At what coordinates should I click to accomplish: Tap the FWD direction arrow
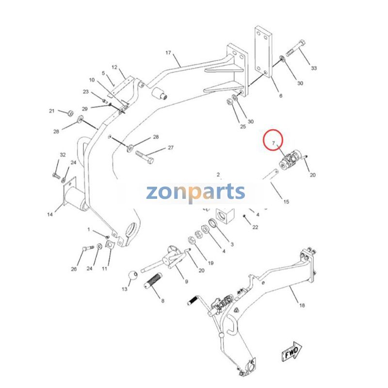click(x=292, y=352)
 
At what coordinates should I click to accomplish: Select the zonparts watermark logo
click(x=195, y=193)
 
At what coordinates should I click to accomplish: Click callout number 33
click(x=314, y=68)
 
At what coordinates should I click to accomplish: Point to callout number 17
click(x=168, y=53)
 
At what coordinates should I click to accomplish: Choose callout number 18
click(x=302, y=306)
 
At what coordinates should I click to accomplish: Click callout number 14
click(x=50, y=214)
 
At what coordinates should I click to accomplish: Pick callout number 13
click(x=124, y=289)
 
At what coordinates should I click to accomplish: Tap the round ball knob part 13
click(x=133, y=275)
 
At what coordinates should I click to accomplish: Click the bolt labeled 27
click(x=145, y=157)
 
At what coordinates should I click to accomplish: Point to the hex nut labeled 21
click(x=70, y=113)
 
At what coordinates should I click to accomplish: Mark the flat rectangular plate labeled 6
click(x=263, y=52)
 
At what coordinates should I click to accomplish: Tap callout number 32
click(x=63, y=155)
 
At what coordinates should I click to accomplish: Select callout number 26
click(x=74, y=269)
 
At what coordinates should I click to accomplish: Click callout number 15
click(x=286, y=202)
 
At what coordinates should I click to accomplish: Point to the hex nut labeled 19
click(x=191, y=240)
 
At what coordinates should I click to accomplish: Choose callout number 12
click(x=114, y=67)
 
